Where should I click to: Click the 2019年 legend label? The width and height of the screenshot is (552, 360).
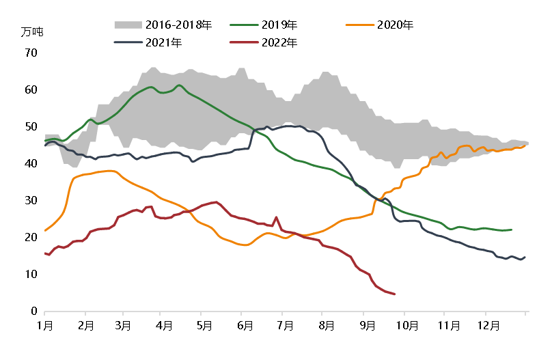279,25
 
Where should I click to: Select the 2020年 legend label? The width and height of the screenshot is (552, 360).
395,25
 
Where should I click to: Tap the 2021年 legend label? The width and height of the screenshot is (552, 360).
164,43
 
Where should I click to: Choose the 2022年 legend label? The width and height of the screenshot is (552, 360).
279,43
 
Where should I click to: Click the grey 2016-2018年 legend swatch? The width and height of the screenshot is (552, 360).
128,25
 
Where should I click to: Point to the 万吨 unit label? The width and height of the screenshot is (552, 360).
31,32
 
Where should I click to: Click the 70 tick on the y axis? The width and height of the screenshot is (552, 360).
31,53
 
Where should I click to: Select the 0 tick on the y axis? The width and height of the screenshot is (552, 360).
33,311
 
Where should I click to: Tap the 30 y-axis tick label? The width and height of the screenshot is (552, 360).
31,200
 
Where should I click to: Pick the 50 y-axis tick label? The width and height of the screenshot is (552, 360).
31,126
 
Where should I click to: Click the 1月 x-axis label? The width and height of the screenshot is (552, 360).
45,326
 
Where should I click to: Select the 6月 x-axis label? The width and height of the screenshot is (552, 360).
245,326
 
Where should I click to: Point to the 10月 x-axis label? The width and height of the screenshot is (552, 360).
407,326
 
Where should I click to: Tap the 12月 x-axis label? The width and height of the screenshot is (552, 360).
488,326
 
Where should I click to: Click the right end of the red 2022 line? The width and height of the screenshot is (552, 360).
395,294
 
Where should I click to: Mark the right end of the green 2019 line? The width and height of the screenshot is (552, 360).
511,230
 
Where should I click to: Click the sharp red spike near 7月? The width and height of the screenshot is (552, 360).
276,217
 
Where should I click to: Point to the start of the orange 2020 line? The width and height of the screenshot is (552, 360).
45,230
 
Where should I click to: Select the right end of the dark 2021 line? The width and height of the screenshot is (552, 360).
525,258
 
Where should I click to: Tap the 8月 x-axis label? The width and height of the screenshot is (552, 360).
327,326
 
